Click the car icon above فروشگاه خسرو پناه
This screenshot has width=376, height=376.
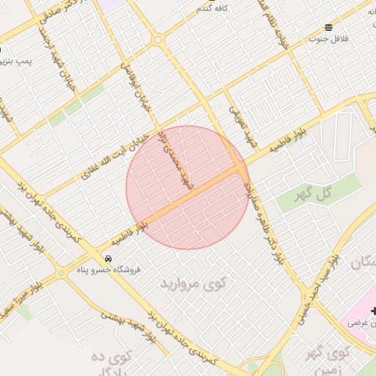point(108,258)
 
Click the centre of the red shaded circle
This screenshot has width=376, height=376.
point(187,187)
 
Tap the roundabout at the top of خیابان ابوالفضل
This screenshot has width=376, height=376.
point(157,40)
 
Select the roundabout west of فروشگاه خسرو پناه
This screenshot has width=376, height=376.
point(61,273)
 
